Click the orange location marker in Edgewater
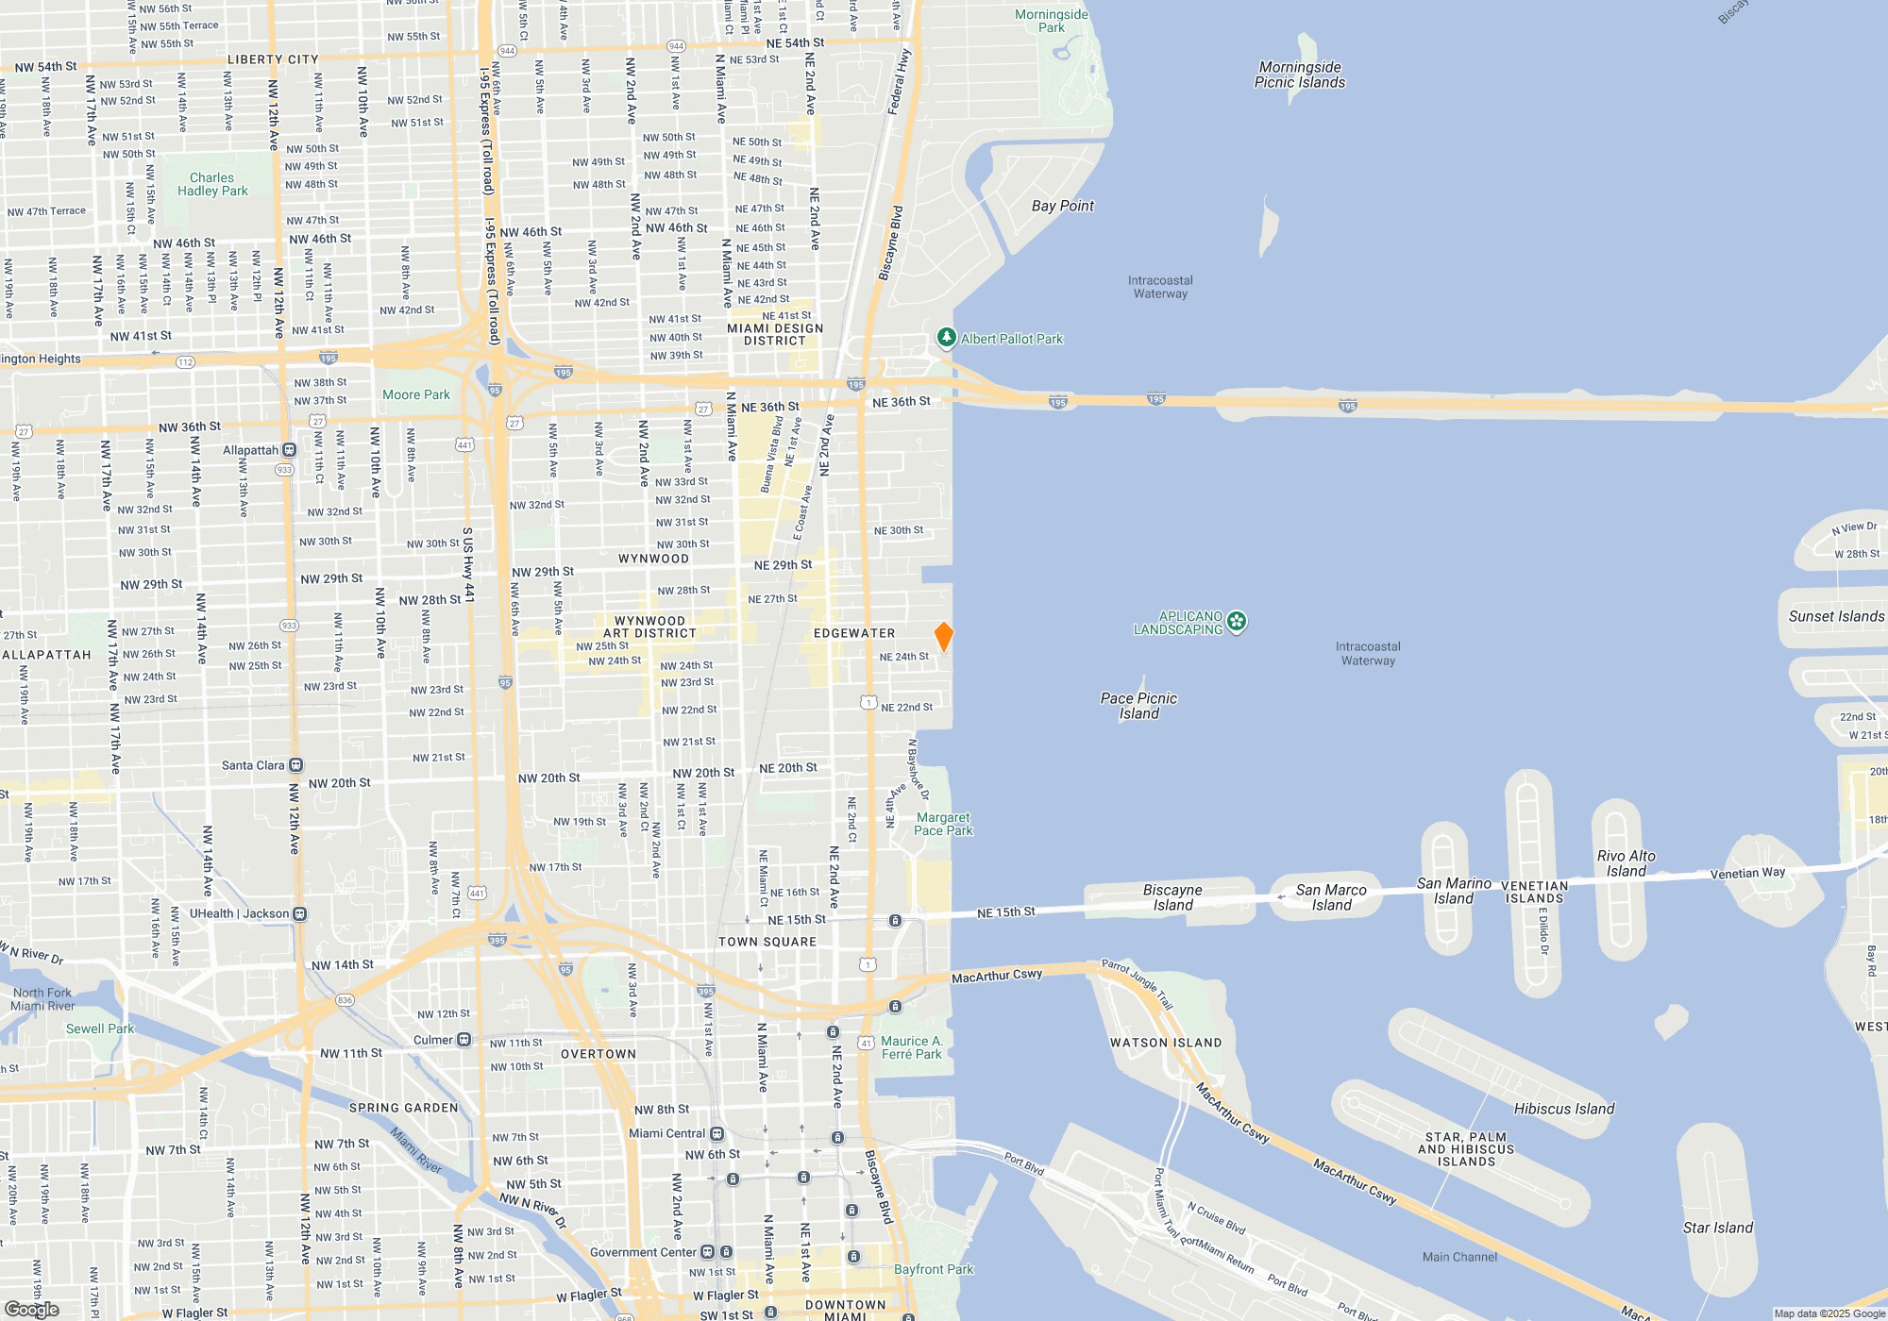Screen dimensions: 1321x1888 point(943,636)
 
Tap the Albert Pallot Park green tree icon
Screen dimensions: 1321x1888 point(946,338)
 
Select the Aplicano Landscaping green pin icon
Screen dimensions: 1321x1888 point(1237,622)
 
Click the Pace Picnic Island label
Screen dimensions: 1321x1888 point(1138,706)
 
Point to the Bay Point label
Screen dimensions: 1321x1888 point(1063,206)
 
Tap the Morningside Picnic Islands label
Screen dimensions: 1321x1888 point(1300,75)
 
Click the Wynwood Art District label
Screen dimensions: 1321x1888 point(649,627)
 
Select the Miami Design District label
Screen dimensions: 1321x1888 point(775,334)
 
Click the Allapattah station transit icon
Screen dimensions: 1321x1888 point(289,450)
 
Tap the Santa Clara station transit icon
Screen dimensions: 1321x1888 point(295,765)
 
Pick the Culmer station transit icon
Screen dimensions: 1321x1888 point(464,1040)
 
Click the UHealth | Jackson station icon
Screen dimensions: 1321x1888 point(299,913)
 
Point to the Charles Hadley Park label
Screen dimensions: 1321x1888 point(212,184)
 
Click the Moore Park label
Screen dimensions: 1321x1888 point(416,394)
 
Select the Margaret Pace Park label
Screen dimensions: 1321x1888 point(943,824)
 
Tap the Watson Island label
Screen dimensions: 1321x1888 point(1166,1043)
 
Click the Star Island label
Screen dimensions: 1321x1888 point(1717,1228)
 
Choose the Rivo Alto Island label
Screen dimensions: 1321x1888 point(1626,863)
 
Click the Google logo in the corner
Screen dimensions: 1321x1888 point(32,1310)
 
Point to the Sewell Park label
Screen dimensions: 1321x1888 point(100,1028)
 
